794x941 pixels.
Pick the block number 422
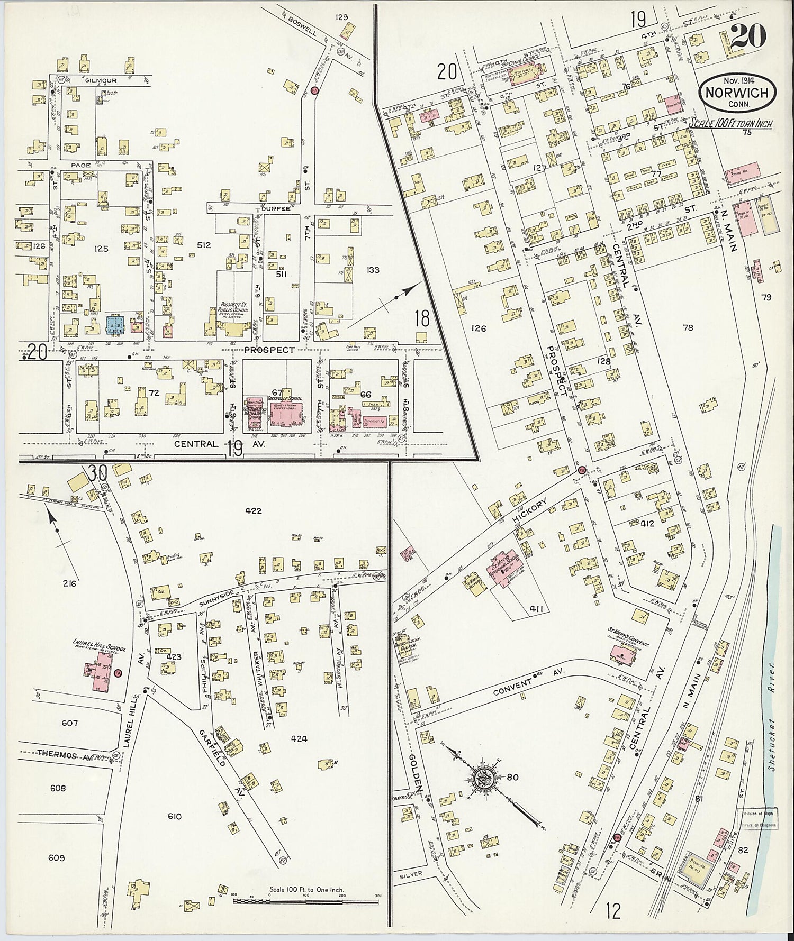pyautogui.click(x=254, y=511)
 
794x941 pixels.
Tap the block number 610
pyautogui.click(x=174, y=817)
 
